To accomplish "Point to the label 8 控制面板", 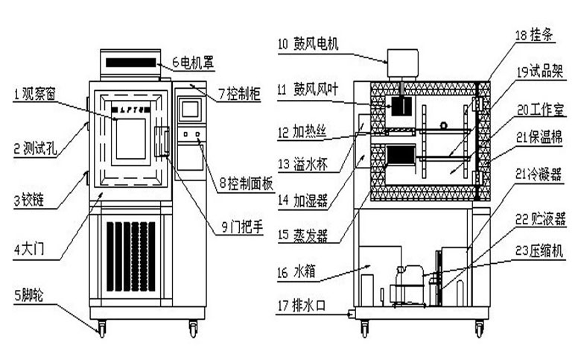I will coord(242,182).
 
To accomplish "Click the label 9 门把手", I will coord(241,228).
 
